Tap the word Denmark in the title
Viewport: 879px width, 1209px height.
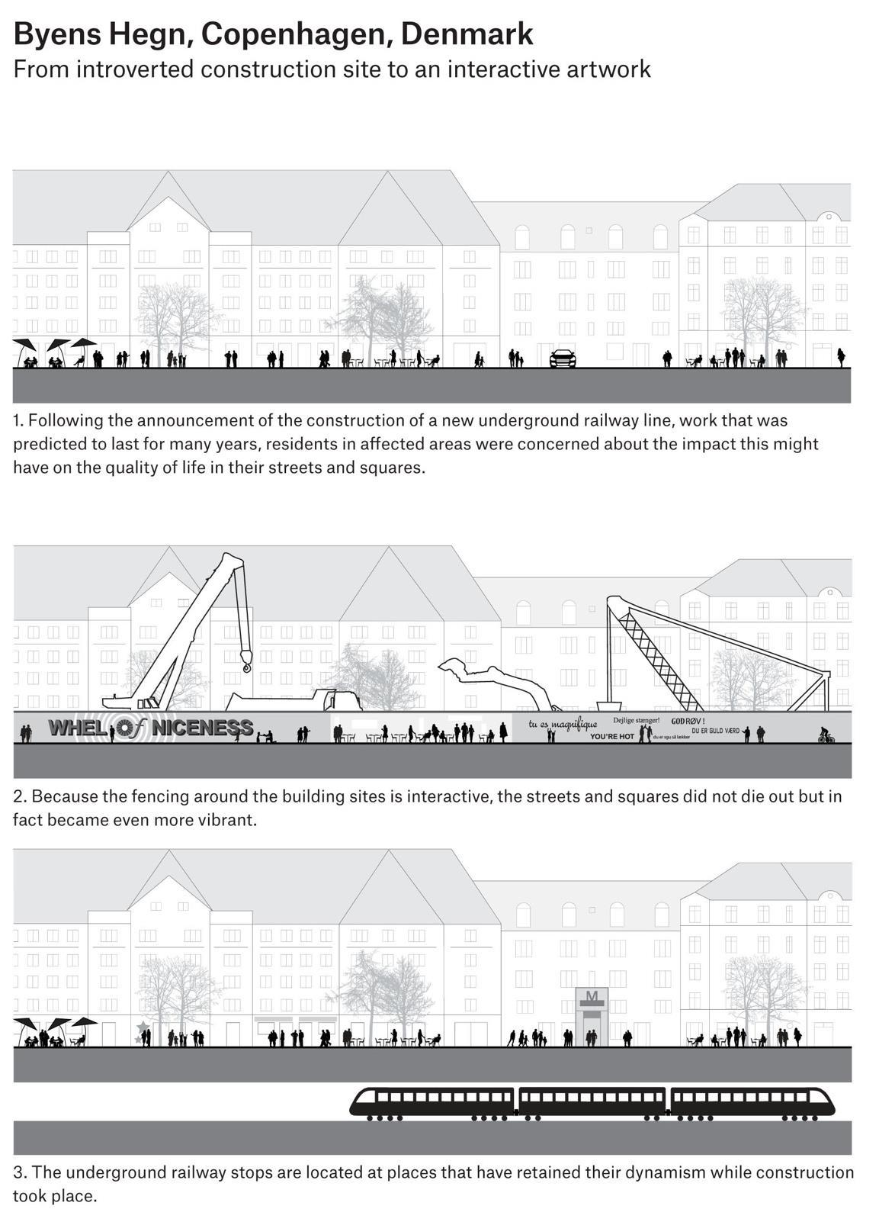point(466,35)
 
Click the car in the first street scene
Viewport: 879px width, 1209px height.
point(563,358)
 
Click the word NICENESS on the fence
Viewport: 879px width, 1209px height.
point(203,728)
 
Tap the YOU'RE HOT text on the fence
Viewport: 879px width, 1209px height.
point(612,737)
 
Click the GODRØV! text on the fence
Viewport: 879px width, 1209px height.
point(688,721)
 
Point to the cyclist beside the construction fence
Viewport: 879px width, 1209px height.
point(826,735)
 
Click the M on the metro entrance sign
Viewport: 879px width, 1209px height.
point(592,996)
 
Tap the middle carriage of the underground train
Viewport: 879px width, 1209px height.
point(592,1101)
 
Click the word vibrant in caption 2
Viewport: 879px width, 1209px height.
point(228,820)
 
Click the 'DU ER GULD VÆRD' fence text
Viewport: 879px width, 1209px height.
point(715,731)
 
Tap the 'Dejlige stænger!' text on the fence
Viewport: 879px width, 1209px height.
point(636,720)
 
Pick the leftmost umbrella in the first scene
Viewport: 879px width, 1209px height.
point(24,345)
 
